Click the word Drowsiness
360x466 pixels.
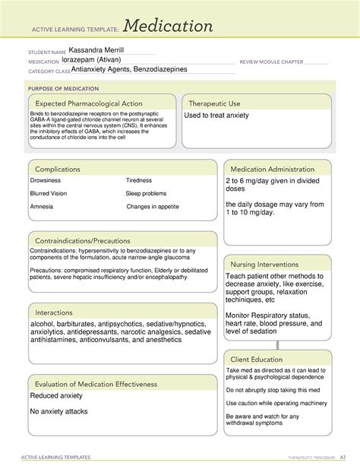(x=47, y=181)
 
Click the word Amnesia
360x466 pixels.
(x=42, y=207)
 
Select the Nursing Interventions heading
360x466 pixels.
(x=270, y=264)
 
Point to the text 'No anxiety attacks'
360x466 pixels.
(x=58, y=411)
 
